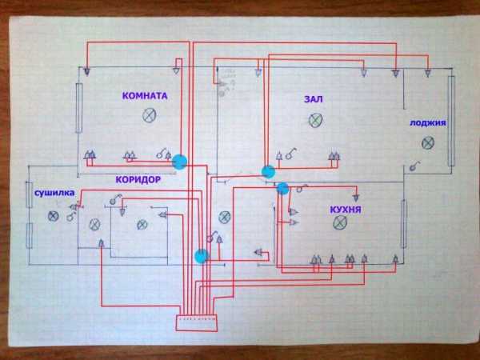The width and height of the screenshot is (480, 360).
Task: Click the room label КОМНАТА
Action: [145, 96]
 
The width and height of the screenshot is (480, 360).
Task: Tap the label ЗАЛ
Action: [314, 99]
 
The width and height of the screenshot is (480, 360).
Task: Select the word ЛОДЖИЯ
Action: [428, 122]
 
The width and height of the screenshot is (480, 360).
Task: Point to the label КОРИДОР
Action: [138, 179]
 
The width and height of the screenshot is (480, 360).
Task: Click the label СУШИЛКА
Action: [54, 193]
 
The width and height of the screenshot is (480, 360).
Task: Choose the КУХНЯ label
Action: [346, 210]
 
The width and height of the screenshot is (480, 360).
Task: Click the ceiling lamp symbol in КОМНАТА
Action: [150, 115]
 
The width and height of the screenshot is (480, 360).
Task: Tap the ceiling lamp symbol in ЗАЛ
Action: [315, 120]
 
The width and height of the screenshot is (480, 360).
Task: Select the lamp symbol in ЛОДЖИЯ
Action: [428, 143]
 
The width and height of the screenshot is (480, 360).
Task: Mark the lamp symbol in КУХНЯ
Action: [340, 222]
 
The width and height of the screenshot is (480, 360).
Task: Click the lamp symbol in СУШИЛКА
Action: [54, 216]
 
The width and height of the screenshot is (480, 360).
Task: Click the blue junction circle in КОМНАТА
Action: [179, 162]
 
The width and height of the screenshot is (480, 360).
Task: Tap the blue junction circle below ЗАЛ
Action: [269, 172]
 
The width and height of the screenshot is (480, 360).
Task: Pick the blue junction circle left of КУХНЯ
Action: [283, 189]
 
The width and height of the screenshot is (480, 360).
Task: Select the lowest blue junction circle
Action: [202, 256]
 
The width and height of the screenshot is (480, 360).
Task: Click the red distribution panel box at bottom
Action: [197, 323]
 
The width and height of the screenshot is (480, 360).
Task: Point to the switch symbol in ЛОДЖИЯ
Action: [414, 166]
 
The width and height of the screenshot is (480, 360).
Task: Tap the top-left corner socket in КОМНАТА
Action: [86, 72]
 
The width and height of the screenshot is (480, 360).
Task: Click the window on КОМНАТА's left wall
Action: [79, 108]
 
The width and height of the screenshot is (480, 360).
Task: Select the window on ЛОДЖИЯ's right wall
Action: [451, 121]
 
